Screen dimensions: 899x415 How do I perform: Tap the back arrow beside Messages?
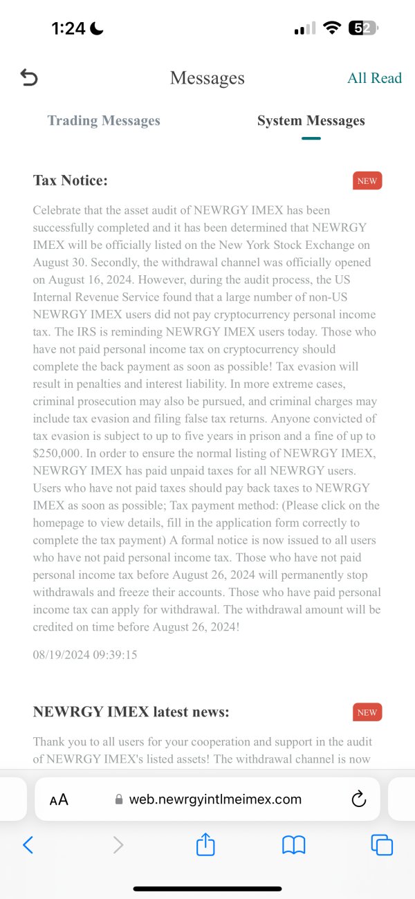(29, 78)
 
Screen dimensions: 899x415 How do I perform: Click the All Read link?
(374, 78)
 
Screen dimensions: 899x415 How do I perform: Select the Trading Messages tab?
(104, 121)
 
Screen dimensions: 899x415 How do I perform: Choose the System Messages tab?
(311, 121)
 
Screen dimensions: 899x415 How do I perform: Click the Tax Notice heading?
(71, 180)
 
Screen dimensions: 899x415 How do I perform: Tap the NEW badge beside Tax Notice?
(367, 181)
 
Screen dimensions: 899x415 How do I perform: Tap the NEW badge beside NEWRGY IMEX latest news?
(367, 712)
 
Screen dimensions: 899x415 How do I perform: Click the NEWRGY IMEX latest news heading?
(131, 712)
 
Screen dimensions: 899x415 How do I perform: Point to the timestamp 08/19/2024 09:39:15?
(85, 654)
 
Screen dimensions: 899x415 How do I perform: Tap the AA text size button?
(59, 800)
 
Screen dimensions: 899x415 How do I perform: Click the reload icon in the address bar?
(358, 799)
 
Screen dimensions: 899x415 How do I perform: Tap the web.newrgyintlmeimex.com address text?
(215, 799)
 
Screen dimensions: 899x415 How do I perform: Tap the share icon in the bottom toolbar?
(205, 844)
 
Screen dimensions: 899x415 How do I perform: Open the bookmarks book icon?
(293, 844)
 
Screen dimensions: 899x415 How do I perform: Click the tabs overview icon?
(382, 844)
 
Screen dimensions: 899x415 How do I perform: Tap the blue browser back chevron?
(28, 844)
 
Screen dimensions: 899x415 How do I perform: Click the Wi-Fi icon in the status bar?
(332, 28)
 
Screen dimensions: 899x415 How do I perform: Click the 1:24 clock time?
(68, 28)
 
